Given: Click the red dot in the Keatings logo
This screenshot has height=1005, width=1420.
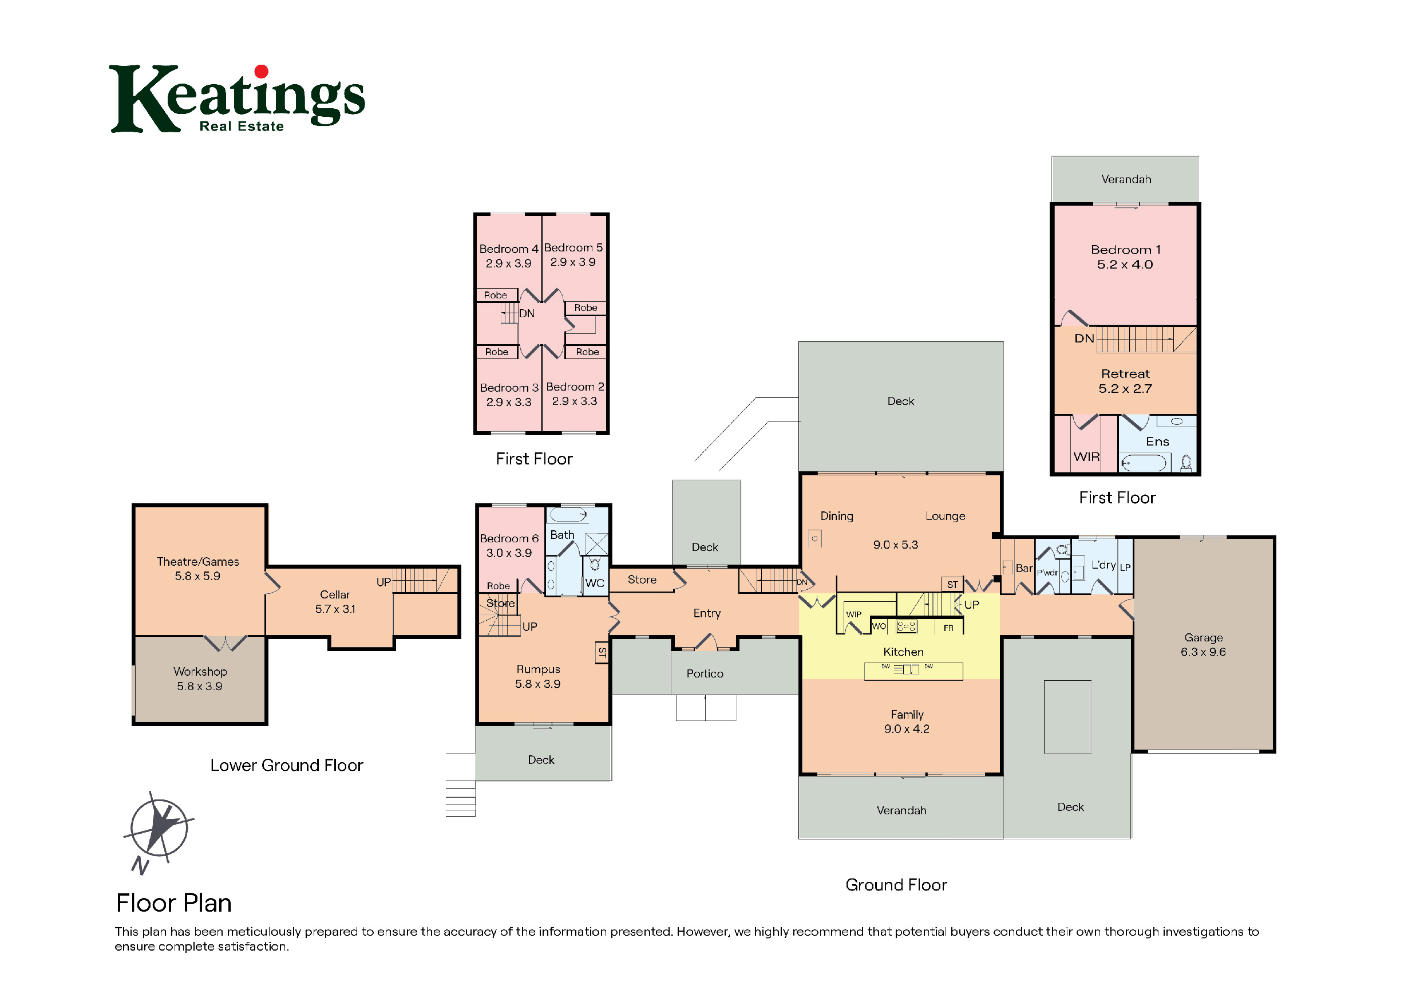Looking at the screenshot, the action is coord(262,72).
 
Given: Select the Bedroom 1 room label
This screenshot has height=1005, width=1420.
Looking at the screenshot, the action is coord(1126,250).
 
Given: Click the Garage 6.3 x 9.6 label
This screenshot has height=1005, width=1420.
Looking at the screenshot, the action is coord(1203,644).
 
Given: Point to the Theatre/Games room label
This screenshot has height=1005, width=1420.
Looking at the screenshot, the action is coord(197,561).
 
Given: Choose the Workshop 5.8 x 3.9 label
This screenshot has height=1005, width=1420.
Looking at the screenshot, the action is coord(200,679).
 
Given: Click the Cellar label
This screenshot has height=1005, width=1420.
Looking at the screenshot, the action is coord(335,594).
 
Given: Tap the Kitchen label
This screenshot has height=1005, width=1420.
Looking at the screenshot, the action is coord(903,652).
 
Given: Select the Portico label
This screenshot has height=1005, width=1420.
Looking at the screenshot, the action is coord(705,673).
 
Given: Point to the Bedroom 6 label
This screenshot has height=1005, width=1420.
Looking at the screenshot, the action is coord(509,538).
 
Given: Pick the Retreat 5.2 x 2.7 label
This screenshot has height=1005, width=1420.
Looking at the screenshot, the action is coord(1125,381).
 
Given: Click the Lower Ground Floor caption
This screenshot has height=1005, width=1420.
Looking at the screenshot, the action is coord(286,765).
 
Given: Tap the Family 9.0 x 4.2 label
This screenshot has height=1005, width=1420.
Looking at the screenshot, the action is coord(907,722).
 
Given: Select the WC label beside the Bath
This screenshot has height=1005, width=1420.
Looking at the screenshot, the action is coord(594,583).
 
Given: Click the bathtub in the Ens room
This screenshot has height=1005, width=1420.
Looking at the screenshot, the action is coord(1144,462).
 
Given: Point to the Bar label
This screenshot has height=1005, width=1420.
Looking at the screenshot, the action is coord(1023,568).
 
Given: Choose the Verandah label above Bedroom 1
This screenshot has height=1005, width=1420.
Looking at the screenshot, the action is coord(1126,179).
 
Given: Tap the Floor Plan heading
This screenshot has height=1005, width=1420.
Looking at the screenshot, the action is coord(174,903).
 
